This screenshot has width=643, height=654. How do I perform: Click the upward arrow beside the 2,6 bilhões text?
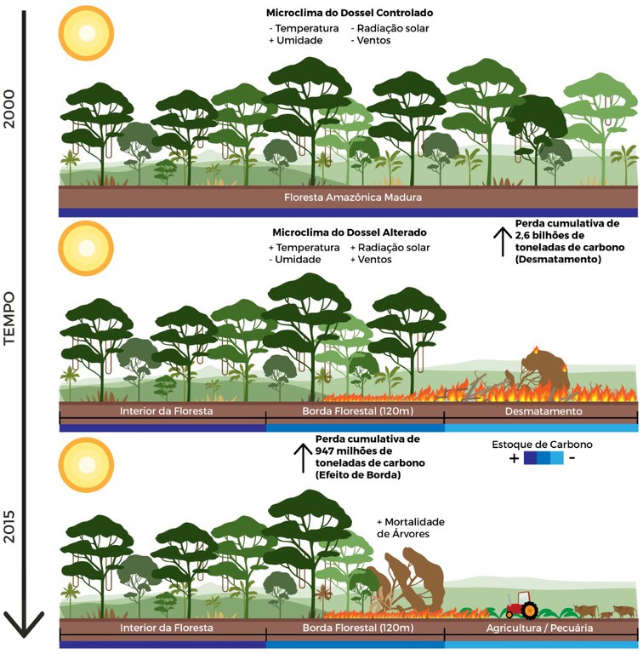coord(501,241)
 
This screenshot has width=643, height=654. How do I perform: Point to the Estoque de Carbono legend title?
coord(542,445)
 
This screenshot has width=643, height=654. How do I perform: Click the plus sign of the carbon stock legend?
coord(515,458)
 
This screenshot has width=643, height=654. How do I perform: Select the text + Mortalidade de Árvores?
coord(411,527)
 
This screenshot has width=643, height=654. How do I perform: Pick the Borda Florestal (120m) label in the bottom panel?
coord(355,628)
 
